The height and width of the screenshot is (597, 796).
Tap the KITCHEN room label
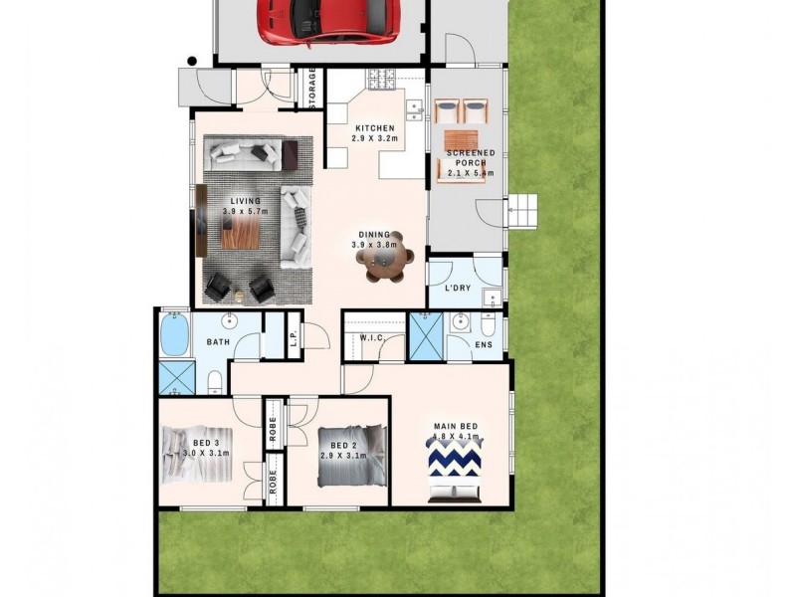click(376, 128)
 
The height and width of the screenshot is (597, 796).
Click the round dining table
click(385, 263)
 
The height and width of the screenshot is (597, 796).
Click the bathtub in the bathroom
click(174, 336)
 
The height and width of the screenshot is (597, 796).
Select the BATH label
click(219, 342)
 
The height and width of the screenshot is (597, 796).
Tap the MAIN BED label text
click(456, 428)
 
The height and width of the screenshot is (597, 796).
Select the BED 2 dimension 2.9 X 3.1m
click(343, 455)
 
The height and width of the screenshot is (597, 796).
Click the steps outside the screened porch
click(523, 211)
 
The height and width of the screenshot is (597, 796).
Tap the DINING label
click(373, 235)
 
